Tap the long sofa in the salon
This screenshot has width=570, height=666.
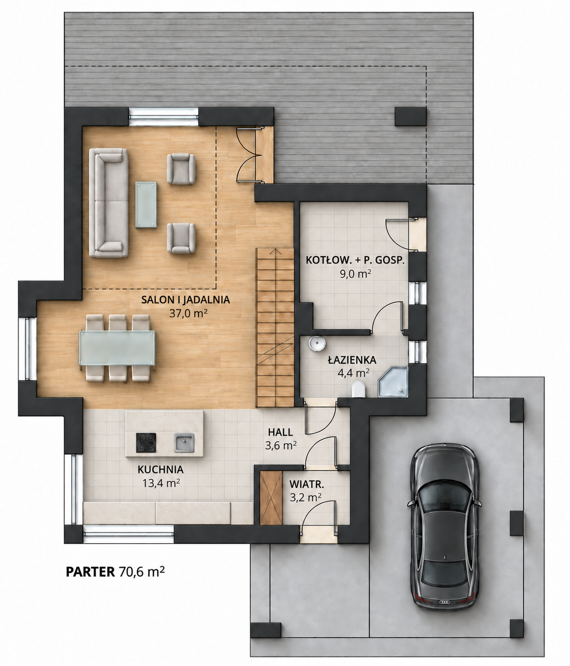pos(109,203)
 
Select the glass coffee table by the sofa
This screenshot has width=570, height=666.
pos(146,205)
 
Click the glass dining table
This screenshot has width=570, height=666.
pos(116,347)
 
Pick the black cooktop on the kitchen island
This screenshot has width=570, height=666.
pos(146,443)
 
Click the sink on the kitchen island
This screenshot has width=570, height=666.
pos(184,442)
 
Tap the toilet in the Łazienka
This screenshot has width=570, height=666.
pos(358,389)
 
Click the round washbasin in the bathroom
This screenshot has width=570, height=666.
pos(317,343)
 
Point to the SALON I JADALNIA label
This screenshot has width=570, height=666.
pos(186,300)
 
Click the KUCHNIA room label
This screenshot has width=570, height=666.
pos(161,469)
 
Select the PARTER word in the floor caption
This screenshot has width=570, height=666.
pos(90,572)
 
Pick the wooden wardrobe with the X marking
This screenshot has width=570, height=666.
pos(271,498)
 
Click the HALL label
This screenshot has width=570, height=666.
pos(281,432)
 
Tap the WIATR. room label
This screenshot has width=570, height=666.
pos(307,484)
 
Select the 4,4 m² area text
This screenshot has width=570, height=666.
pos(353,373)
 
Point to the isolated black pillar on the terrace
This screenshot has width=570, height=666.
pos(410,116)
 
